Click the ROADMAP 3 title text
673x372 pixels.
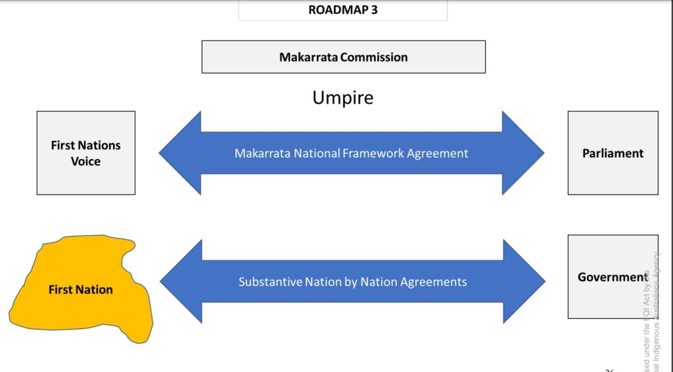click(x=342, y=10)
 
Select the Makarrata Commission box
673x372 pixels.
click(x=343, y=57)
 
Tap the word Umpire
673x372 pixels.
click(x=342, y=98)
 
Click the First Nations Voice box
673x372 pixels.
click(x=86, y=152)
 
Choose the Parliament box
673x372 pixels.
click(x=613, y=153)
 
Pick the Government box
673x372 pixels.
click(x=613, y=277)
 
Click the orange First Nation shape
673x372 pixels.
click(x=81, y=290)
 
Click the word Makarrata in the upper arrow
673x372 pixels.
click(x=260, y=153)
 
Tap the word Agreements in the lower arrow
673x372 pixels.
click(x=436, y=282)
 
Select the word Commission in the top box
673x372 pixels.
click(x=374, y=57)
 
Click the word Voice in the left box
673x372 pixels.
click(x=86, y=161)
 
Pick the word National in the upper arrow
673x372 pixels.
click(x=313, y=153)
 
